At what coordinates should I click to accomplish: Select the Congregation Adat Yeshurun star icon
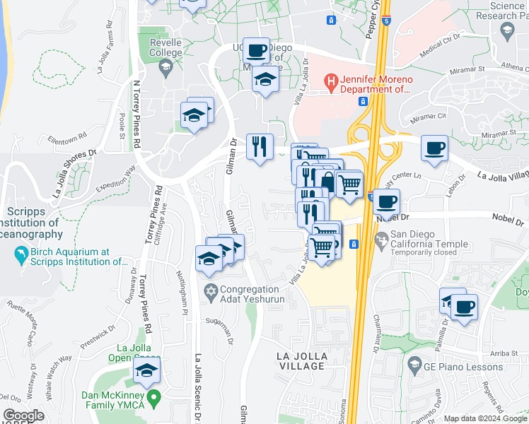210,290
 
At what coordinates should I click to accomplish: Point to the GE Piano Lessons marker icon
415,366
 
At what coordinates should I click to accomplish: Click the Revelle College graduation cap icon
165,69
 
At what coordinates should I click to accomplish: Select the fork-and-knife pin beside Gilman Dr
260,147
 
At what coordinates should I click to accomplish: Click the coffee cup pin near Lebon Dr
434,148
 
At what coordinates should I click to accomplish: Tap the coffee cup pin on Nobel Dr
386,202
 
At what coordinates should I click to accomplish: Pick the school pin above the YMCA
146,371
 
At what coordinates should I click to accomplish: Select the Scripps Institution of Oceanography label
32,223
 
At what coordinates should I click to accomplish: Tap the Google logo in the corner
23,416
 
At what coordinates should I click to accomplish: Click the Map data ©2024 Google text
484,418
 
